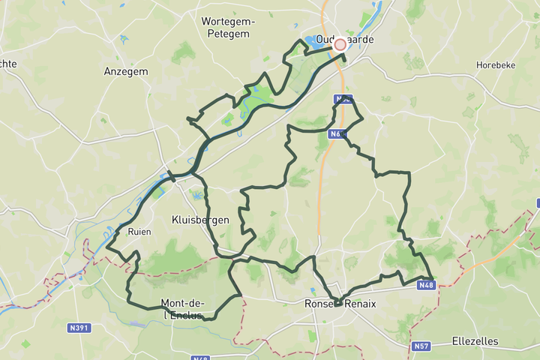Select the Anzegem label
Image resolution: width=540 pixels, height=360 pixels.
pos(125,72)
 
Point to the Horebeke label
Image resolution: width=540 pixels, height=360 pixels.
pos(495,65)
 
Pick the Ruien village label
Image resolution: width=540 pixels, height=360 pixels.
pos(139,232)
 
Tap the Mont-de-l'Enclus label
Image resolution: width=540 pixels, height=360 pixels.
pos(181,309)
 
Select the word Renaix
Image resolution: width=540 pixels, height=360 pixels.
pos(360,303)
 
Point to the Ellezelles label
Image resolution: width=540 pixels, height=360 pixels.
pos(475,340)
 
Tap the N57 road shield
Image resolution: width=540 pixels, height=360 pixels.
pos(421,346)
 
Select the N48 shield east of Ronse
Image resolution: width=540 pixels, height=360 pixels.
pos(426,285)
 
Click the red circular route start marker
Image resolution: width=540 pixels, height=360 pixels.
pos(340,44)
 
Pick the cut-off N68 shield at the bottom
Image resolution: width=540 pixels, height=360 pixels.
pos(200,358)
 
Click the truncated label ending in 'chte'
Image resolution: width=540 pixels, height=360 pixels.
pos(7,64)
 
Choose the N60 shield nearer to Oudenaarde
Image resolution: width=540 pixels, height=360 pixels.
pos(343,99)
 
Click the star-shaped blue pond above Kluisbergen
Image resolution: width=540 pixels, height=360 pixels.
pos(197,196)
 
